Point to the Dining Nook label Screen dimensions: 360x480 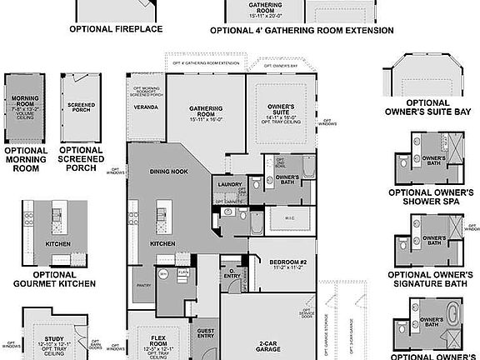(167, 171)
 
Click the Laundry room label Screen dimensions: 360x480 (228, 185)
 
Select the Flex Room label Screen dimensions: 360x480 (159, 339)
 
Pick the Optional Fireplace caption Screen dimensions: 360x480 (116, 28)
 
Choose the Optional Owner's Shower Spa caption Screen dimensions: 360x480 (432, 197)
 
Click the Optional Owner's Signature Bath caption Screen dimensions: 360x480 (432, 280)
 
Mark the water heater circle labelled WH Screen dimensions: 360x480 (163, 272)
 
